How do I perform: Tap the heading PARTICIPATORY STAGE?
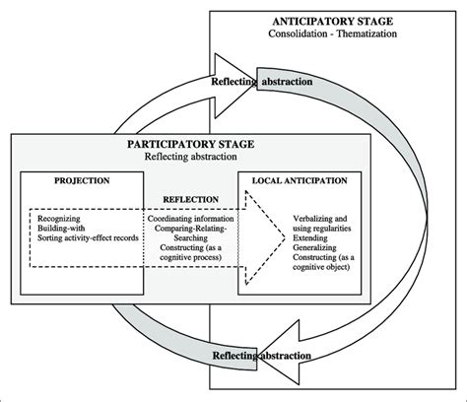191,144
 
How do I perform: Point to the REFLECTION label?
190,198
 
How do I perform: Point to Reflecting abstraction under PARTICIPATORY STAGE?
191,157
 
